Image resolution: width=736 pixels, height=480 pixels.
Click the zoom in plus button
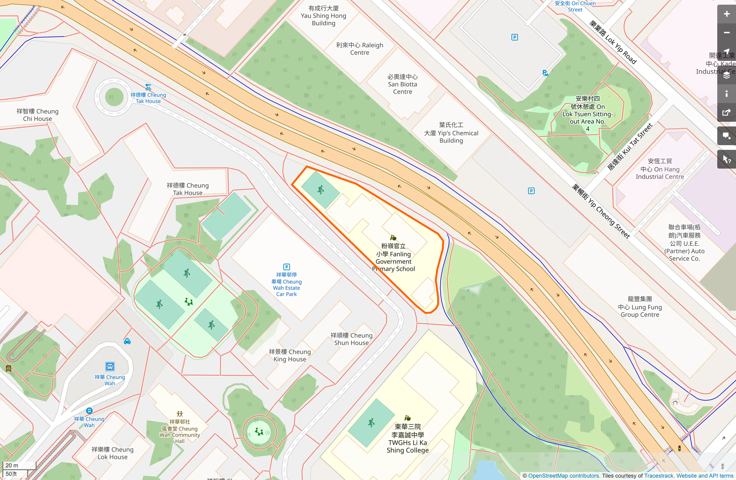[726, 14]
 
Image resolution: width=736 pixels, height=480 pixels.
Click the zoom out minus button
[726, 33]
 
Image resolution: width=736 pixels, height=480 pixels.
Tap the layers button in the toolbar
[726, 75]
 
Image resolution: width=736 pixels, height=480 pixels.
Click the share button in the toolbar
[726, 113]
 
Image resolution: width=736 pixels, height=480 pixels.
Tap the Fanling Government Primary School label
[393, 258]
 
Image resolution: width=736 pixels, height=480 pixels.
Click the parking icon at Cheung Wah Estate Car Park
[286, 267]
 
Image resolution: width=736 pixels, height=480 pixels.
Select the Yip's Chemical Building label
[451, 133]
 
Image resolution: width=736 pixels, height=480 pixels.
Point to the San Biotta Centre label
[402, 84]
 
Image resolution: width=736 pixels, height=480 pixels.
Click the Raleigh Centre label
[359, 49]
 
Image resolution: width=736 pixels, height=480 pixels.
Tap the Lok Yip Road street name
[613, 42]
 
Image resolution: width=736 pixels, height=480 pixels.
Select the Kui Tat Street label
[630, 147]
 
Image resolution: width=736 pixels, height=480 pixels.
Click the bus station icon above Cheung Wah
[110, 366]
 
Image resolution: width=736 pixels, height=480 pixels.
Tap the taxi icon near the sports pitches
[127, 341]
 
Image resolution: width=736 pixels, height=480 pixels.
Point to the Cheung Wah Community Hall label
[180, 432]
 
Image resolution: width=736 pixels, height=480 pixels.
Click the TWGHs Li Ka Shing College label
[407, 439]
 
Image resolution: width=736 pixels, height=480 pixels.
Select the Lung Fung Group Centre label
[640, 307]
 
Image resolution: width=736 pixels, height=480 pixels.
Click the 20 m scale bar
[19, 466]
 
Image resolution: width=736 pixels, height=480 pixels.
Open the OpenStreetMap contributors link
[563, 476]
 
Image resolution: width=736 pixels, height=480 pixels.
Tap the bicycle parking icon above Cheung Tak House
[148, 87]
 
